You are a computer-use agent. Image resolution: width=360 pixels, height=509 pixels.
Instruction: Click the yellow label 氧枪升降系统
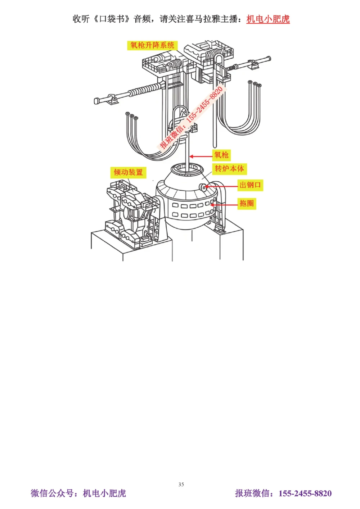click(x=152, y=45)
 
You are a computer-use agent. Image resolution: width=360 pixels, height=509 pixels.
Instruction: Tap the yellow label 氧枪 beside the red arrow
click(x=221, y=155)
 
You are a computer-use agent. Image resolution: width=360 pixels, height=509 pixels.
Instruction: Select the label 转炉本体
click(x=229, y=169)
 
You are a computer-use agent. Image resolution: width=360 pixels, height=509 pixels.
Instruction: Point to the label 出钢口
click(x=250, y=185)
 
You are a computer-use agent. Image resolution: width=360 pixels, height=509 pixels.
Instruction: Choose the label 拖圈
click(x=247, y=203)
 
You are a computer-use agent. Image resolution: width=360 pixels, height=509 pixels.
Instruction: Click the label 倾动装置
click(x=128, y=172)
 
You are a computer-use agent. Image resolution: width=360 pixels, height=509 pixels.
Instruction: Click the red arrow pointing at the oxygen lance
click(x=201, y=156)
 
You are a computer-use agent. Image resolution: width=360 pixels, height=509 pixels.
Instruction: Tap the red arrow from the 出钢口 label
click(x=221, y=187)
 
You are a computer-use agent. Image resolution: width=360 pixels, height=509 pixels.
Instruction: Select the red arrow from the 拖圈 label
click(x=224, y=205)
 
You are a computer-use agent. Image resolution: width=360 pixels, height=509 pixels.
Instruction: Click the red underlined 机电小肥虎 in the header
click(x=268, y=19)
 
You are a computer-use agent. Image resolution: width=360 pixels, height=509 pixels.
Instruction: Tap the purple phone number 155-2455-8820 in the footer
click(x=305, y=494)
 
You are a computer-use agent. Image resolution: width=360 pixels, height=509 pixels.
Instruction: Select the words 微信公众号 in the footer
click(x=52, y=493)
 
